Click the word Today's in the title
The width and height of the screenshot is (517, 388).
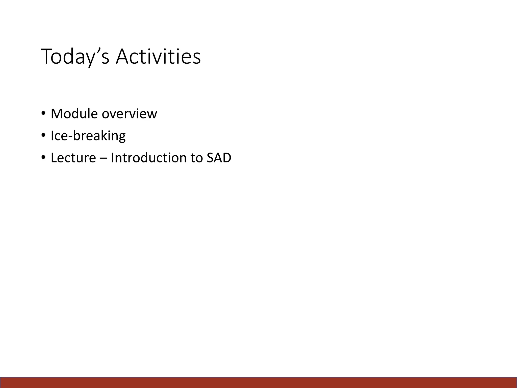click(75, 57)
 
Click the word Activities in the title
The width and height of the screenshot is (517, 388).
click(158, 57)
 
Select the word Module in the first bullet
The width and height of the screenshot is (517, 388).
click(74, 114)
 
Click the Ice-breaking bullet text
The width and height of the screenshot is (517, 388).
click(88, 136)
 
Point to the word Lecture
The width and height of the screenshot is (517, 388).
click(73, 158)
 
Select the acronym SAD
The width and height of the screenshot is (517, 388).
click(219, 158)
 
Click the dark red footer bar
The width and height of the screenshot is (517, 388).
click(258, 382)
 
